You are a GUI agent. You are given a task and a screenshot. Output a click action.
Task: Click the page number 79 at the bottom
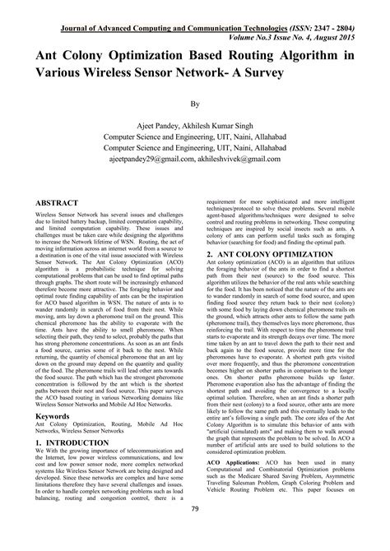pos(196,533)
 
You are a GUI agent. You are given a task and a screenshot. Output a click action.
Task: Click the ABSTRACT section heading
pos(57,203)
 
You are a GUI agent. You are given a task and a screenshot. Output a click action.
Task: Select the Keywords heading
pos(52,416)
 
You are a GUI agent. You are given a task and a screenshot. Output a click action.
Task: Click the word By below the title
pos(196,105)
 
